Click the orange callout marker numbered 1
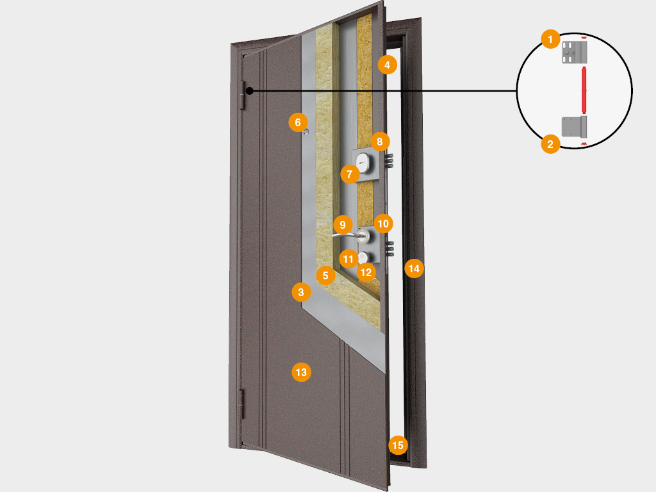[x=548, y=39]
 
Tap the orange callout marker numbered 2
[x=548, y=143]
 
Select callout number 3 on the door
[x=300, y=293]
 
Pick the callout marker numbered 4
[x=387, y=64]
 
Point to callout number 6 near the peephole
[x=297, y=120]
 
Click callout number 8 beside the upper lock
[x=379, y=141]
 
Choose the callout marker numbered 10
[x=383, y=223]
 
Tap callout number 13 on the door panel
[x=301, y=372]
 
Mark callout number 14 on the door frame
[x=414, y=268]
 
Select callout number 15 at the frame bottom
[x=398, y=445]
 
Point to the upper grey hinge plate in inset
[x=575, y=51]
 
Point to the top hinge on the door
[x=242, y=94]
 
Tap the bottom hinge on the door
[x=242, y=402]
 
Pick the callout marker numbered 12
[x=366, y=272]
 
